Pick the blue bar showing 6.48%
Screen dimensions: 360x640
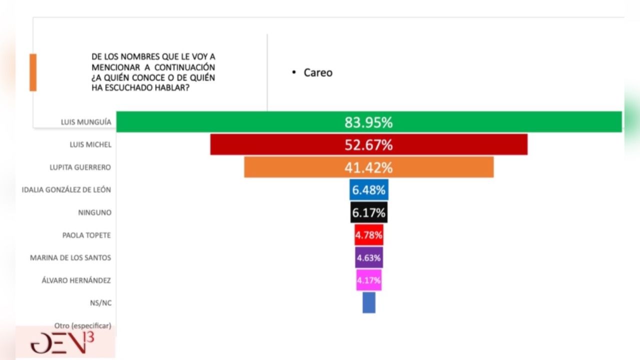point(369,190)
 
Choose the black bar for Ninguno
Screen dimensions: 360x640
point(369,212)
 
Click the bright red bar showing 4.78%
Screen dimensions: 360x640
point(369,235)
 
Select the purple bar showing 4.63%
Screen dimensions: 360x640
point(369,257)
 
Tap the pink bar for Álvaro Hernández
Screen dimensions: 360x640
point(369,280)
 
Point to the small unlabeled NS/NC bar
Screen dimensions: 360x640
point(369,302)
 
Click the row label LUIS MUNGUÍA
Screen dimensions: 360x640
point(85,122)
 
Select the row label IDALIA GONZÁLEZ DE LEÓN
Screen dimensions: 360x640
point(66,189)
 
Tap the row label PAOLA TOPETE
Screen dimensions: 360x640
point(86,235)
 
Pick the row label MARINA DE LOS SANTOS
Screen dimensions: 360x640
point(70,257)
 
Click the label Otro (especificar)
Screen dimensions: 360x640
point(82,325)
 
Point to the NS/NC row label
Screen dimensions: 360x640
point(100,302)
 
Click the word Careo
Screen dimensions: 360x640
point(318,72)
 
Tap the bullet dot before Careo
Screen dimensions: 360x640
point(294,72)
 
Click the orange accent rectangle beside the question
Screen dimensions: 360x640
point(33,72)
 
